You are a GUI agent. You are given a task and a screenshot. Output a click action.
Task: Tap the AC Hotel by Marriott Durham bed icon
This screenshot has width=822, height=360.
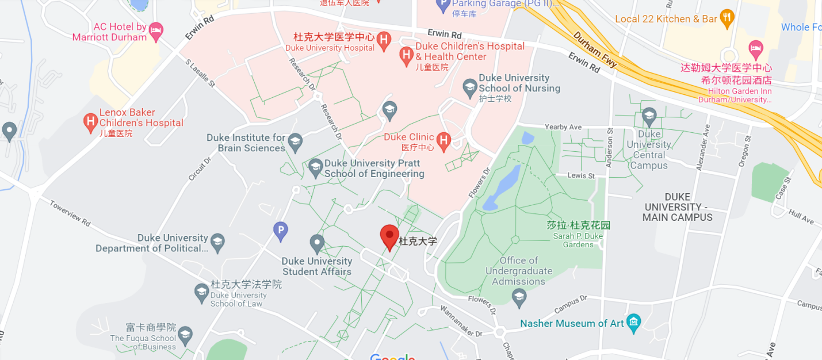coord(156,31)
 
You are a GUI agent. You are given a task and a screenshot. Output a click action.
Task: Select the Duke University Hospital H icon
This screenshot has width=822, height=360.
coord(384,39)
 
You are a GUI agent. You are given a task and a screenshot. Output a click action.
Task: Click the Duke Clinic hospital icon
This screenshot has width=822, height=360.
coord(443,140)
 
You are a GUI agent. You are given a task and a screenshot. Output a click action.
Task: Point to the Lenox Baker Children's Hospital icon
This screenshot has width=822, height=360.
coord(90,122)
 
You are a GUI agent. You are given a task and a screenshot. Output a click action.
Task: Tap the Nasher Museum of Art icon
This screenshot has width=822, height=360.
coord(633,323)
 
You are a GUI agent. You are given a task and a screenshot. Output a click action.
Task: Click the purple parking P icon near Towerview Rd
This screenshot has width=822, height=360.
coord(280,231)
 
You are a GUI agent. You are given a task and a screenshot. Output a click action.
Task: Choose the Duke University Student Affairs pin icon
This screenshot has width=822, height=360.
coord(317,243)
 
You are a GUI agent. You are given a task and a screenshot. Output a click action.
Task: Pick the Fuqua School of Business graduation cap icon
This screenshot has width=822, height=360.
coord(185,336)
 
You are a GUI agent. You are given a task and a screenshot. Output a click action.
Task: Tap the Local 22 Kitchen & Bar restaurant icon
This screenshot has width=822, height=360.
coord(727,18)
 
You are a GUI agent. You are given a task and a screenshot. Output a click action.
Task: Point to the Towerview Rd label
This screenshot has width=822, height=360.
coord(70,213)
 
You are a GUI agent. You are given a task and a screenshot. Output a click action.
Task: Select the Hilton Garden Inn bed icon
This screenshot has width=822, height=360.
coord(756,48)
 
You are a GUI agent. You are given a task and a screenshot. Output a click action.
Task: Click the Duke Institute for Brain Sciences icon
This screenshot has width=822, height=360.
coord(295,141)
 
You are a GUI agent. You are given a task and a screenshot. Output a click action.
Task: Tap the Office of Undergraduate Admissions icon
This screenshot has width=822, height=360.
coord(519,297)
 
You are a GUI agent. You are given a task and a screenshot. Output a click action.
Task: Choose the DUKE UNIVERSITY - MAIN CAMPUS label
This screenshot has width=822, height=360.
coord(677,207)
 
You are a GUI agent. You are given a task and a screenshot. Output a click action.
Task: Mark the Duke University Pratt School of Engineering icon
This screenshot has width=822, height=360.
coord(315,167)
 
